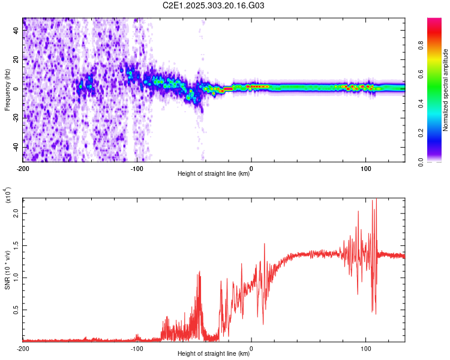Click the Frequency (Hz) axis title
tap(7, 89)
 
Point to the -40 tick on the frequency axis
tap(16, 147)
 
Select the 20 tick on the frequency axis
tap(17, 60)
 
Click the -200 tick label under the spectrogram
tap(23, 169)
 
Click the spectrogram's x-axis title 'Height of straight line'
tap(214, 174)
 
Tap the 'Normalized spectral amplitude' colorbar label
tap(446, 89)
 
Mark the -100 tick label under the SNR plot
tap(137, 348)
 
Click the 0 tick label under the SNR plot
tap(251, 348)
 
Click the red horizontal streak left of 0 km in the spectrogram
tap(228, 89)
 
